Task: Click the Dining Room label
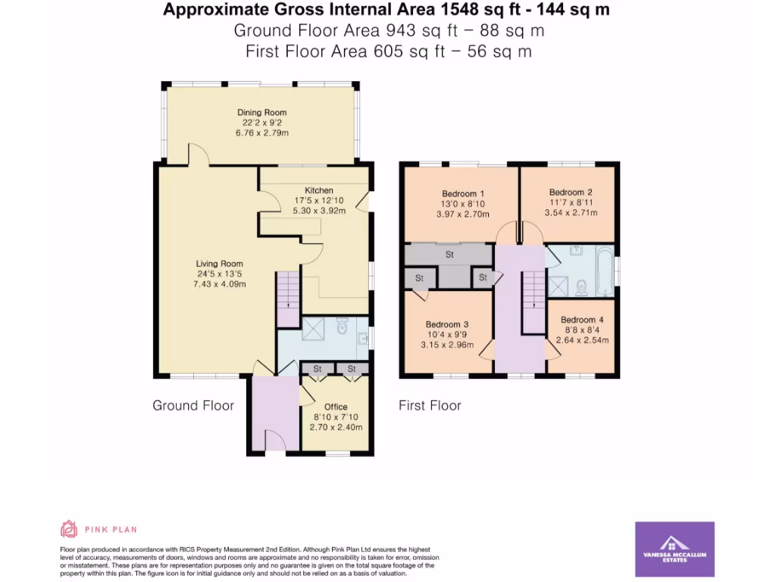coord(261,112)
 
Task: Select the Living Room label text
coord(221,264)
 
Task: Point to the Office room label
coord(336,407)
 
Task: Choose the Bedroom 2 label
coord(570,192)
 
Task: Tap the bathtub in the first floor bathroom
coord(604,271)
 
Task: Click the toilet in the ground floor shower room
coord(341,327)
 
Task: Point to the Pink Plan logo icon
coord(69,529)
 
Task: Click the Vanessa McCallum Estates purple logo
coord(674,549)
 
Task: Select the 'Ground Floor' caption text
coord(193,405)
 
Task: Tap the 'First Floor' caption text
coord(430,405)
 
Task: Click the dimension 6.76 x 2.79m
coord(261,133)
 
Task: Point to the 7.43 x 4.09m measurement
coord(221,284)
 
